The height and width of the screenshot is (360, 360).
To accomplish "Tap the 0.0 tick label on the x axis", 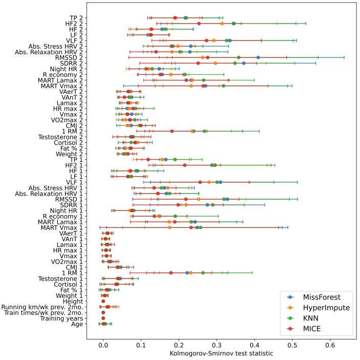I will pyautogui.click(x=103, y=344).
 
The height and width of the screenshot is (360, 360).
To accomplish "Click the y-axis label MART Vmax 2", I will pyautogui.click(x=61, y=86).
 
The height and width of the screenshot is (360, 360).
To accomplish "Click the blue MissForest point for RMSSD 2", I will pyautogui.click(x=258, y=57).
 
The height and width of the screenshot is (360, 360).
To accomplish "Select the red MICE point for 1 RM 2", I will pyautogui.click(x=172, y=131).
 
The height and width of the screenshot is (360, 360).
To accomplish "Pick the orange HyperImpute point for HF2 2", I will pyautogui.click(x=222, y=24).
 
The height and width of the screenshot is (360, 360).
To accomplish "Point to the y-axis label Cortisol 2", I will pyautogui.click(x=68, y=142).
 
